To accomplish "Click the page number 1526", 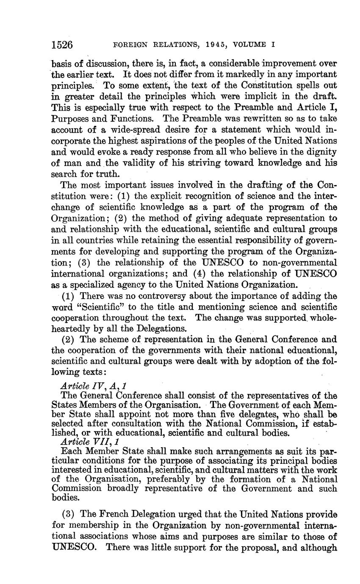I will tap(62, 44).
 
